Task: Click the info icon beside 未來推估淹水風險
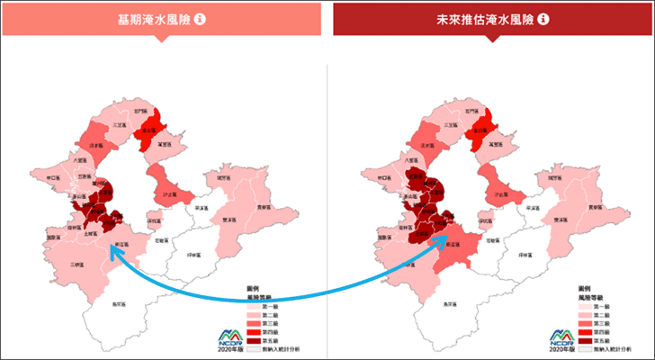point(544,18)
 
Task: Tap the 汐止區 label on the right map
point(496,193)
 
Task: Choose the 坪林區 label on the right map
point(521,255)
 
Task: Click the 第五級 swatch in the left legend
point(253,340)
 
